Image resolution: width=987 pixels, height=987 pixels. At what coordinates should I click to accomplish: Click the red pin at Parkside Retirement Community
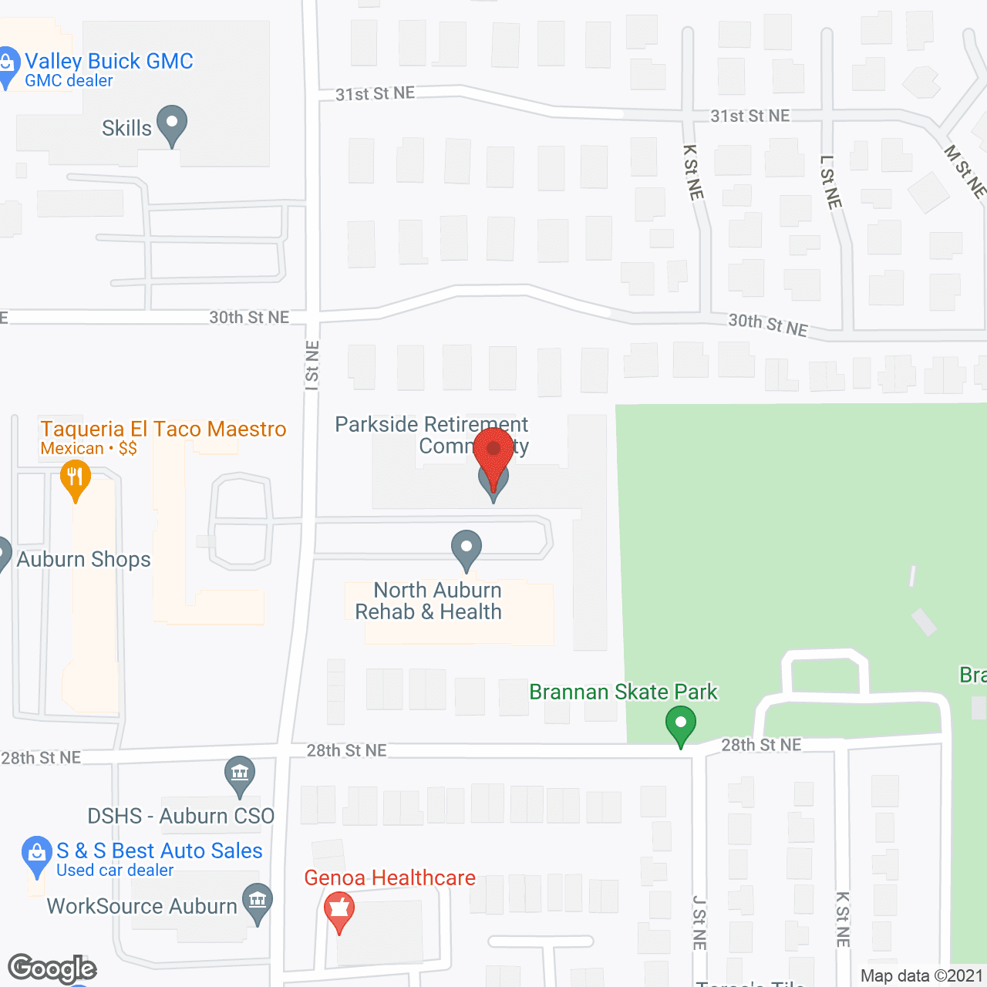coord(493,451)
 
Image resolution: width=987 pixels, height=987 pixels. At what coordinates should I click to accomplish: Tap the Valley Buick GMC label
coord(109,62)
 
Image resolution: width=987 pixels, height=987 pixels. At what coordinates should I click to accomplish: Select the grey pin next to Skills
coord(172,123)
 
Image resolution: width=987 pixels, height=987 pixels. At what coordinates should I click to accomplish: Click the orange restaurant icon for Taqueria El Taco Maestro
coord(75,479)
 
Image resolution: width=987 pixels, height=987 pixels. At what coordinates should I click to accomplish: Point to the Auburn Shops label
coord(83,559)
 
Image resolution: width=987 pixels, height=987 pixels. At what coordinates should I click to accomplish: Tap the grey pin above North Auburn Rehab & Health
coord(467,548)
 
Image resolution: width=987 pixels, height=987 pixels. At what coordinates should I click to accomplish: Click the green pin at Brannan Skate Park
coord(681,726)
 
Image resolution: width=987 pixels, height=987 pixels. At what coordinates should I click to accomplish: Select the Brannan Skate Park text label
coord(623,692)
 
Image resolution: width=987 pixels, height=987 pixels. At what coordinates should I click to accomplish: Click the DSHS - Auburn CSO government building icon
coord(240,773)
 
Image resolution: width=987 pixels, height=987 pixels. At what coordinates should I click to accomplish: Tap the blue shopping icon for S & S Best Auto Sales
coord(36,854)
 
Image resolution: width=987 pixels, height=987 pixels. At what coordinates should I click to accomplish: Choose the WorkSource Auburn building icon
coord(258,901)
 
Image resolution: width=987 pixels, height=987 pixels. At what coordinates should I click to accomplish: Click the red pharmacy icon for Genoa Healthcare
coord(339,909)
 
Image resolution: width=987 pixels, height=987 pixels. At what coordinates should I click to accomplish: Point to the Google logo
coord(52,968)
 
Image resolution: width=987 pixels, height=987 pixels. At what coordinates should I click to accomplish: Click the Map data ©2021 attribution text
coord(921,975)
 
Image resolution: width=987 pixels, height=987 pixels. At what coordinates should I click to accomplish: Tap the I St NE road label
coord(312,365)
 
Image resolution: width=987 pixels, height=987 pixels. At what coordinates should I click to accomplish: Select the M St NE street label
coord(965,171)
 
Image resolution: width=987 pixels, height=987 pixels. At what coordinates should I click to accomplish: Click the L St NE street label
coord(830,182)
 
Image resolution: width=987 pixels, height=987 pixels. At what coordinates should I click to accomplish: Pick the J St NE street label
coord(699,922)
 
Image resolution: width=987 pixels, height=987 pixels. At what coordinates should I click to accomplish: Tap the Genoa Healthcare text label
coord(389,878)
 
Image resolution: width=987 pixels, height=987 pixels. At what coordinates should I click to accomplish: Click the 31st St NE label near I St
coord(375,93)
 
